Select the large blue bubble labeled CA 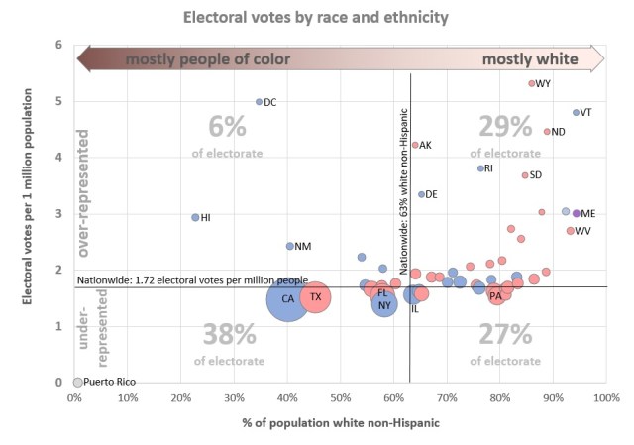pyautogui.click(x=287, y=298)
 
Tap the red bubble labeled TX pyautogui.click(x=315, y=297)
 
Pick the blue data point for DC pyautogui.click(x=260, y=102)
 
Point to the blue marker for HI pyautogui.click(x=195, y=217)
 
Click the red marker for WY pyautogui.click(x=532, y=84)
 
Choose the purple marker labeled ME pyautogui.click(x=577, y=213)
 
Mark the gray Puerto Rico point pyautogui.click(x=77, y=382)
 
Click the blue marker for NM pyautogui.click(x=290, y=246)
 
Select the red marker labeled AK pyautogui.click(x=415, y=145)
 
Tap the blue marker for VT pyautogui.click(x=576, y=113)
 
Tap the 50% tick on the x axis pyautogui.click(x=340, y=398)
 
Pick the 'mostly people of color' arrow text pyautogui.click(x=207, y=59)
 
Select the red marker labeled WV pyautogui.click(x=571, y=231)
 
